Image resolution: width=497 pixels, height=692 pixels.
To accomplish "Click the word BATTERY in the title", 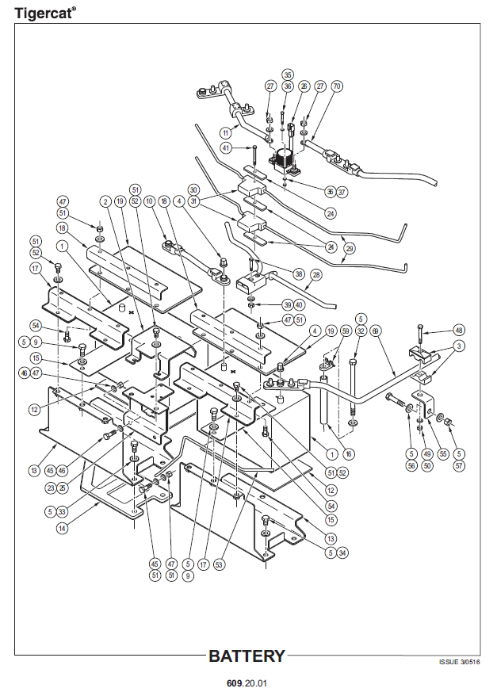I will pyautogui.click(x=246, y=656).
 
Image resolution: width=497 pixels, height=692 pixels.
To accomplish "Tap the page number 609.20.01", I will pyautogui.click(x=247, y=682).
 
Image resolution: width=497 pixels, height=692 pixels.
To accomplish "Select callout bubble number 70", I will pyautogui.click(x=336, y=86).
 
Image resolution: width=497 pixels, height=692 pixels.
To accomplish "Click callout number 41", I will pyautogui.click(x=227, y=147).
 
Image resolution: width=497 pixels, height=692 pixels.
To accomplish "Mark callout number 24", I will pyautogui.click(x=331, y=212).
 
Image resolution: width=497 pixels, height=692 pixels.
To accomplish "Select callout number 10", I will pyautogui.click(x=148, y=203).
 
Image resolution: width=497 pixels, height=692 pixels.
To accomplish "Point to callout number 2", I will pyautogui.click(x=105, y=203).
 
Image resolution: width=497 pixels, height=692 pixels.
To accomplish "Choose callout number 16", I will pyautogui.click(x=349, y=454).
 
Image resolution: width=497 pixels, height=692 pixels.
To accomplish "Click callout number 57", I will pyautogui.click(x=458, y=467).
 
